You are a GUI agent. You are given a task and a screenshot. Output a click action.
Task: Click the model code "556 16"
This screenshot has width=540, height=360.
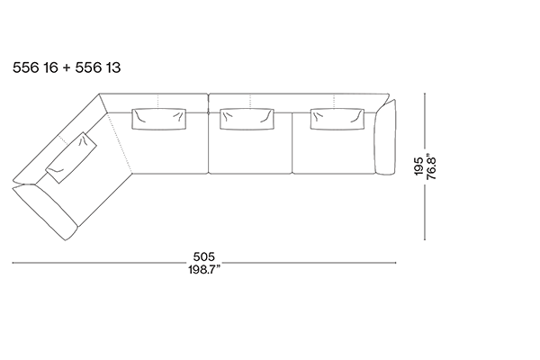[x=35, y=67]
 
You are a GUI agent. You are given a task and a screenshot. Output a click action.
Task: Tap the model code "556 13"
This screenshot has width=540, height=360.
[x=98, y=67]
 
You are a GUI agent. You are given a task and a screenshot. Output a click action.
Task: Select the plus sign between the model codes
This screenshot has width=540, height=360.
[x=67, y=67]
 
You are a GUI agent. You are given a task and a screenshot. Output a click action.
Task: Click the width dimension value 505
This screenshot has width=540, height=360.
[x=204, y=256]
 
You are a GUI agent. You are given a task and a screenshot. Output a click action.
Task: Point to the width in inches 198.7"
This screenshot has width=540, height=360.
[x=204, y=269]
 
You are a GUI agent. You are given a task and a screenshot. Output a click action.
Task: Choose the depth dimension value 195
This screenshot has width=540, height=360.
[x=418, y=166]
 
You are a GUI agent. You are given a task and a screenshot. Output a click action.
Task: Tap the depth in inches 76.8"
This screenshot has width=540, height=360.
[x=431, y=166]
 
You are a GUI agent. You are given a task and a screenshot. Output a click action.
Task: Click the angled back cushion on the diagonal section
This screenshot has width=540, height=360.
[x=72, y=157]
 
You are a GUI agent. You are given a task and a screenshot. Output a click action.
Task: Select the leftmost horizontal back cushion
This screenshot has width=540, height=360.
[x=159, y=119]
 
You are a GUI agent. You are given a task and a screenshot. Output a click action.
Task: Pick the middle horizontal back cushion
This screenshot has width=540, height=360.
[x=247, y=119]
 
